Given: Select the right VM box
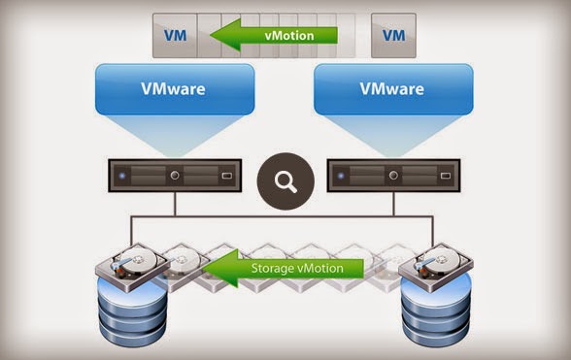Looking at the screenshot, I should click(392, 36).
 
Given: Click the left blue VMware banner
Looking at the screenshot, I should click(174, 89).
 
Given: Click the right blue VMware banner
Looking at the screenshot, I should click(391, 89).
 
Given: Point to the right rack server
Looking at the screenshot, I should click(392, 178).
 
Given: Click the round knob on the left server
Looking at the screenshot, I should click(175, 178).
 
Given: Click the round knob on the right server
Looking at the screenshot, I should click(392, 178).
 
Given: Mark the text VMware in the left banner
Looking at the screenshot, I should click(174, 88).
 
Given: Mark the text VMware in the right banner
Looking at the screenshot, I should click(391, 88).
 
